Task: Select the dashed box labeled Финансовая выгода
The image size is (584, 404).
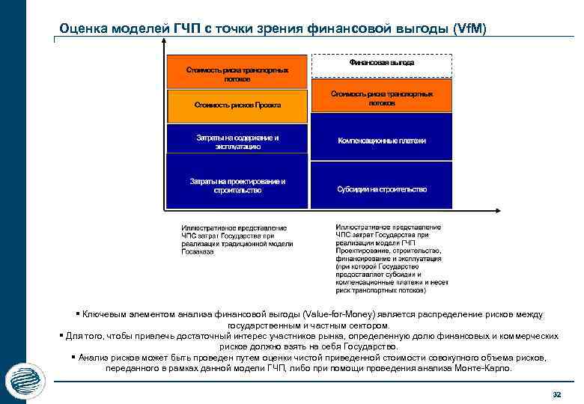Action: click(x=381, y=65)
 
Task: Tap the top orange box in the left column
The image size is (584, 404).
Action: click(x=237, y=73)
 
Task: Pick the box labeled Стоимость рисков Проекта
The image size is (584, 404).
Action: click(x=237, y=106)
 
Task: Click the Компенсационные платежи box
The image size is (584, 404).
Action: click(x=381, y=140)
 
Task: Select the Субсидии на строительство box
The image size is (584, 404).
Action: click(x=381, y=189)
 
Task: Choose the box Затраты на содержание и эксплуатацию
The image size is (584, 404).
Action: click(x=237, y=142)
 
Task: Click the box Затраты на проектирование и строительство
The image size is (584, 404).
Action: click(x=237, y=186)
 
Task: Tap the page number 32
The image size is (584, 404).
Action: click(x=556, y=394)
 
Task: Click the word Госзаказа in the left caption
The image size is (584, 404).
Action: click(x=198, y=252)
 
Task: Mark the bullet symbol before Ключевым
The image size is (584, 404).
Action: click(x=77, y=314)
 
